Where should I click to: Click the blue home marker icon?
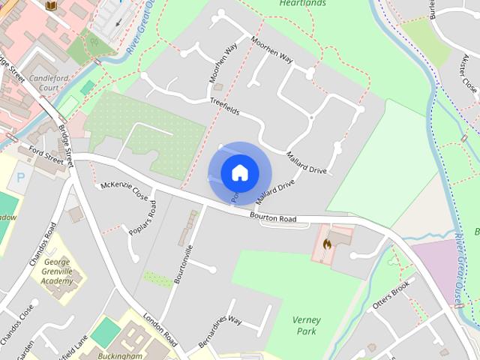pos(239,173)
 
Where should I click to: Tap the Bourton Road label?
pos(274,217)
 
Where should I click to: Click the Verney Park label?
pos(306,325)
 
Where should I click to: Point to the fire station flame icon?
pos(327,243)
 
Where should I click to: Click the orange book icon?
pos(51,6)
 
